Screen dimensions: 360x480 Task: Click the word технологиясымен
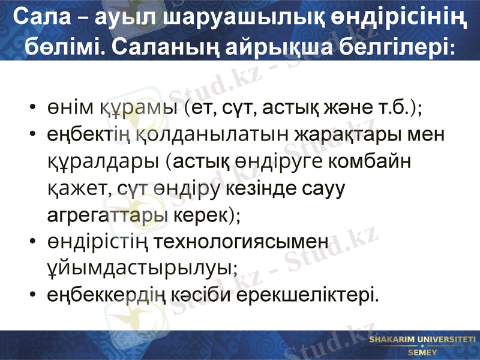click(242, 241)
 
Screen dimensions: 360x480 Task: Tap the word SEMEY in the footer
click(422, 352)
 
